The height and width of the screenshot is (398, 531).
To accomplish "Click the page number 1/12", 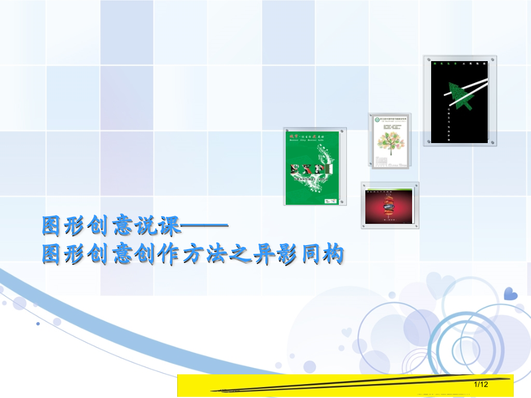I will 481,384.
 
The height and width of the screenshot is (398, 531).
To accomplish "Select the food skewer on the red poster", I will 390,205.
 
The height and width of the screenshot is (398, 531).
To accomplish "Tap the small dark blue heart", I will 510,294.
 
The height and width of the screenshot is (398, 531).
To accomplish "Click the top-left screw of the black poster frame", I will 427,59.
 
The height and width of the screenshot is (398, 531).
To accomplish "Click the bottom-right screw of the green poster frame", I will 343,202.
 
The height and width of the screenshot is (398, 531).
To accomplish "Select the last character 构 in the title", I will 333,254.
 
